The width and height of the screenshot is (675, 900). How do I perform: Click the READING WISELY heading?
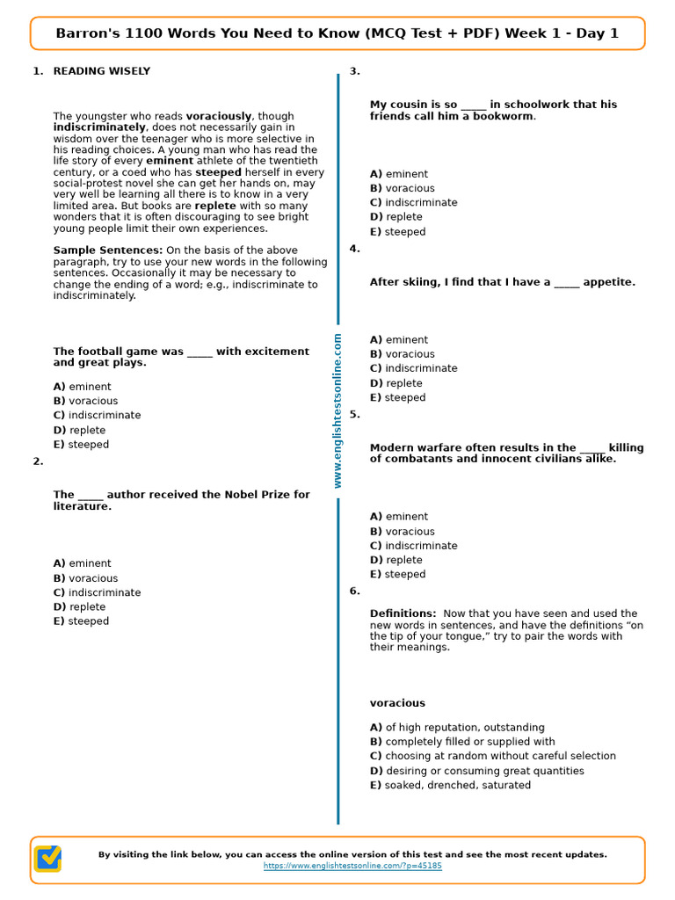coord(101,71)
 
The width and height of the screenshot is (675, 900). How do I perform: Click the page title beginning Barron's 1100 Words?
coord(337,33)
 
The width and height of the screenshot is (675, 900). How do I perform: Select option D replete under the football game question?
coord(79,430)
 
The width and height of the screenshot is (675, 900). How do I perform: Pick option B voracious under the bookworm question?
coord(402,188)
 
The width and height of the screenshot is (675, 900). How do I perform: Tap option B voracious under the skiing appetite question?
coord(402,354)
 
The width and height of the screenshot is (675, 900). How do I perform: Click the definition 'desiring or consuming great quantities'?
coord(476,771)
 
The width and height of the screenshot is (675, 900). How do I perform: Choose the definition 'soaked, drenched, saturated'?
coord(450,785)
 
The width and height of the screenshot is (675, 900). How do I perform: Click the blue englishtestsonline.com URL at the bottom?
coord(352,866)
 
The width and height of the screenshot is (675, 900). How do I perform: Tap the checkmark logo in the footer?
coord(47,859)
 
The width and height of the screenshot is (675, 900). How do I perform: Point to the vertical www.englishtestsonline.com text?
coord(337,410)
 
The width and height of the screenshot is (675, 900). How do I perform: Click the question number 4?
coord(355,249)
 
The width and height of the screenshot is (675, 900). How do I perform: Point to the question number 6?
coord(355,591)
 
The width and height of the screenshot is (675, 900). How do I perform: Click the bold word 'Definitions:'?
coord(403,613)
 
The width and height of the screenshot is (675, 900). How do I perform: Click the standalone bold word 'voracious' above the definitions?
coord(397,703)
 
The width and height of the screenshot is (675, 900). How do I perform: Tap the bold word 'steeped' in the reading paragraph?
coord(218,173)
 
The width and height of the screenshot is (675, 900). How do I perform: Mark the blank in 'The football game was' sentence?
coord(200,352)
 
